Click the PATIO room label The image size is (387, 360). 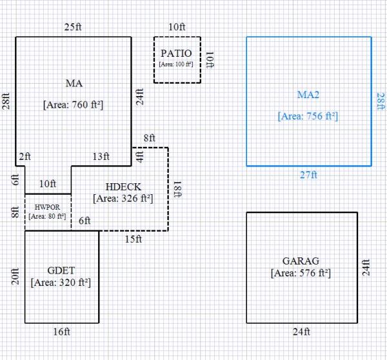(x=177, y=53)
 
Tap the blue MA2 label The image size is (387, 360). (x=308, y=95)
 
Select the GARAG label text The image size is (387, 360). (x=301, y=261)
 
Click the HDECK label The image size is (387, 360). (x=123, y=186)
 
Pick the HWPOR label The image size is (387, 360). (x=48, y=207)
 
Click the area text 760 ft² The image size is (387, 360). (x=74, y=105)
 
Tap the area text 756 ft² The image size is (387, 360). (x=308, y=117)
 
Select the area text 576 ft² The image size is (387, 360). (x=301, y=274)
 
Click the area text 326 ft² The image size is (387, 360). (x=123, y=199)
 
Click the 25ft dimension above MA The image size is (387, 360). (x=72, y=27)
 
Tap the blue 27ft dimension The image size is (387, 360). (x=309, y=175)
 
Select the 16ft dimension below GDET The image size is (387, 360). (x=61, y=332)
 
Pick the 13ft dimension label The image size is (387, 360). (x=101, y=157)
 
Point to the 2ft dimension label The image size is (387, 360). (x=25, y=157)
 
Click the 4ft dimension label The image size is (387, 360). (x=139, y=155)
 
